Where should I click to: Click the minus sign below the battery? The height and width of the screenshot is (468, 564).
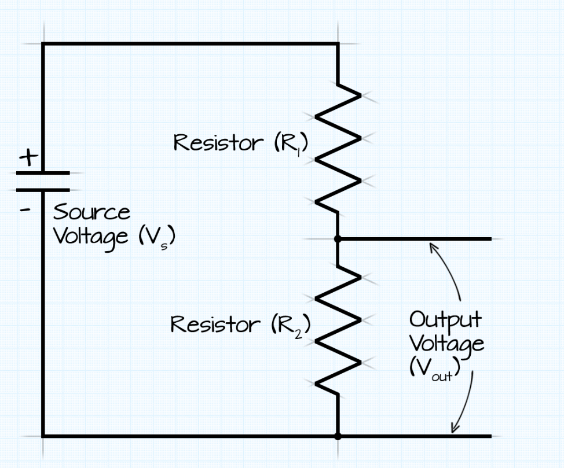(25, 208)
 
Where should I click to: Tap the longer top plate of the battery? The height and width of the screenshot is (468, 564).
(43, 172)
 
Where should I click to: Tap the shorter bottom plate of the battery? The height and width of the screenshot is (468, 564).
(43, 189)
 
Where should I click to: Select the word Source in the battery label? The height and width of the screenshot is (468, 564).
(91, 212)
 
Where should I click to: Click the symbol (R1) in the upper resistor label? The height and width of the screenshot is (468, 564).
(291, 143)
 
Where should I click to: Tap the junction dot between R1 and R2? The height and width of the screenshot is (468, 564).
(338, 238)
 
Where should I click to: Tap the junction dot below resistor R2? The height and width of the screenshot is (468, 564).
(338, 436)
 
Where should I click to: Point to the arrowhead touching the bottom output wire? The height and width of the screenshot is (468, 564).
(455, 429)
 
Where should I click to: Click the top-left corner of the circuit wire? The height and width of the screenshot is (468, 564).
(43, 43)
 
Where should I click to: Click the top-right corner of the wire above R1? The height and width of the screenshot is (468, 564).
(338, 43)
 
